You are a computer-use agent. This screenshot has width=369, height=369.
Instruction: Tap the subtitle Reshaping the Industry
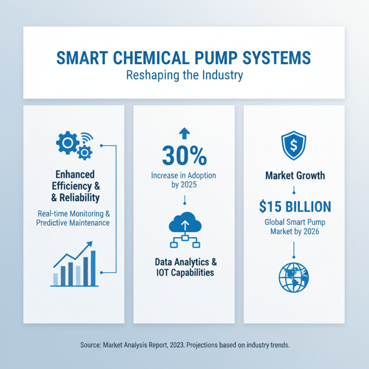184,75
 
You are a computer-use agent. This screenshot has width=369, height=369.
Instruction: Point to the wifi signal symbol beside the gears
86,139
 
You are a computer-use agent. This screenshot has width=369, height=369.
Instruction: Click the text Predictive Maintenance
74,223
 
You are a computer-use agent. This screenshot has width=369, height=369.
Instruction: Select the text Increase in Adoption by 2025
184,180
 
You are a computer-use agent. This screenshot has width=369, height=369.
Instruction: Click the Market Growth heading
294,176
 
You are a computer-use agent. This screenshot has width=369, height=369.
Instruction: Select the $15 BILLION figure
294,206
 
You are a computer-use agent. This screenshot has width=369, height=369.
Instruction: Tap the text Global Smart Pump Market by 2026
294,226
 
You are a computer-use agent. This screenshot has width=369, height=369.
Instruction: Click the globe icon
294,277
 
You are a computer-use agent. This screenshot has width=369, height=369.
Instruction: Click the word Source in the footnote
91,345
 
